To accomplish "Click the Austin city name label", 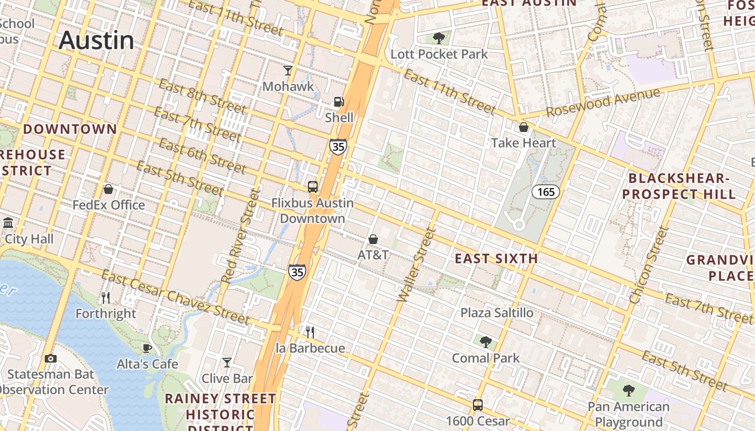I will pos(96,40).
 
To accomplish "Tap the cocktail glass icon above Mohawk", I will pos(288,70).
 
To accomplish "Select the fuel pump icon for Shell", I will pos(339,101).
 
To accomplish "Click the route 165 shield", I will pos(546,192).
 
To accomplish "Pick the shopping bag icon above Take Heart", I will pos(523,127).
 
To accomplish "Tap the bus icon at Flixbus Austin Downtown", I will pos(313,187).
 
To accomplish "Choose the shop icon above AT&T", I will pos(373,239).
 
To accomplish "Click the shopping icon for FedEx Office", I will pos(108,189).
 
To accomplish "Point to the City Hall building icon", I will pos(8,223).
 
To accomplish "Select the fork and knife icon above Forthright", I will pos(106,297).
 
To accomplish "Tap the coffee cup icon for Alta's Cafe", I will pos(147,348).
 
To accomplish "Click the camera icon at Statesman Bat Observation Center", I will pos(50,358).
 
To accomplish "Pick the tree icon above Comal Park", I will pos(485,342).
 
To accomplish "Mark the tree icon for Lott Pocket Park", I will pos(438,38).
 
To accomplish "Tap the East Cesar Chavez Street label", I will pos(175,298).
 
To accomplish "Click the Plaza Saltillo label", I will pos(496,312).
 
